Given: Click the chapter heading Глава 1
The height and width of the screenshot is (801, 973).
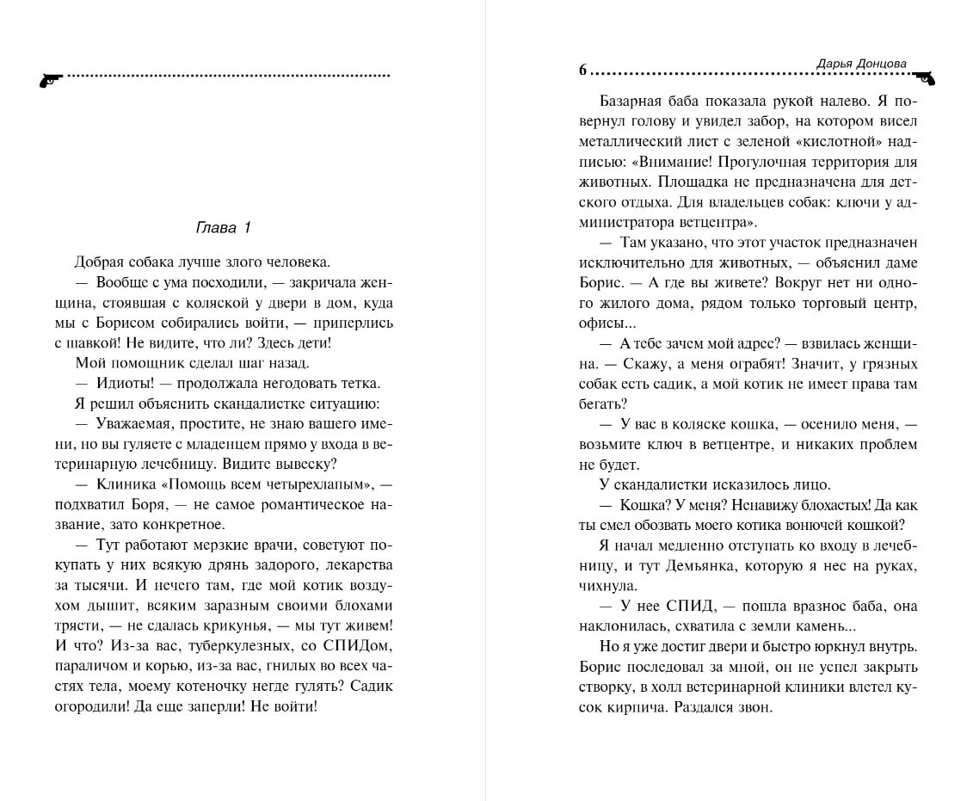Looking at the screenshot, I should point(223,228).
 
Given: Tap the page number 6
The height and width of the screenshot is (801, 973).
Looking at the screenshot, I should point(582,71).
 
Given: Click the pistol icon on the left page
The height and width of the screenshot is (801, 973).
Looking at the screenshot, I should point(51,79).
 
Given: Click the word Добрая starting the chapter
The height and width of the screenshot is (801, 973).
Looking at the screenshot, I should point(99,262).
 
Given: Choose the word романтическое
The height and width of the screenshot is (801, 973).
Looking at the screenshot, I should point(295,504).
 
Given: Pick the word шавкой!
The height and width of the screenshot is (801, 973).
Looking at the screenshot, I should point(106,342).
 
